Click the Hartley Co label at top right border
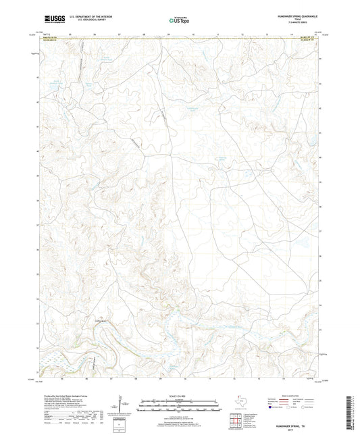coord(307,37)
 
